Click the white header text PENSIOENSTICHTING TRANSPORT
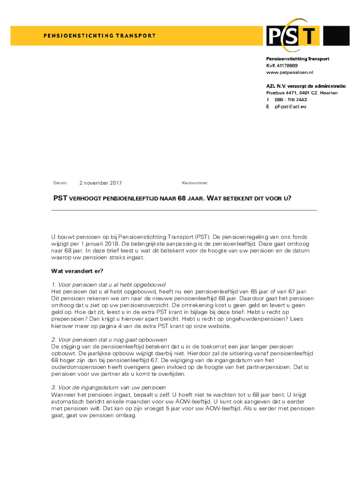[x=100, y=36]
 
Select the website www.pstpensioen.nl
[x=289, y=73]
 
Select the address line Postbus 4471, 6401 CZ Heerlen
[x=302, y=93]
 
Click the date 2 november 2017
[x=101, y=183]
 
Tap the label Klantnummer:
[x=195, y=183]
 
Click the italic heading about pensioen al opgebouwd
[x=108, y=285]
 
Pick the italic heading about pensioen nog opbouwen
[x=109, y=340]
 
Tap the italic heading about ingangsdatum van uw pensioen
[x=108, y=388]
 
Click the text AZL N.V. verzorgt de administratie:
[x=306, y=86]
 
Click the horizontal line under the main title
[x=184, y=210]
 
